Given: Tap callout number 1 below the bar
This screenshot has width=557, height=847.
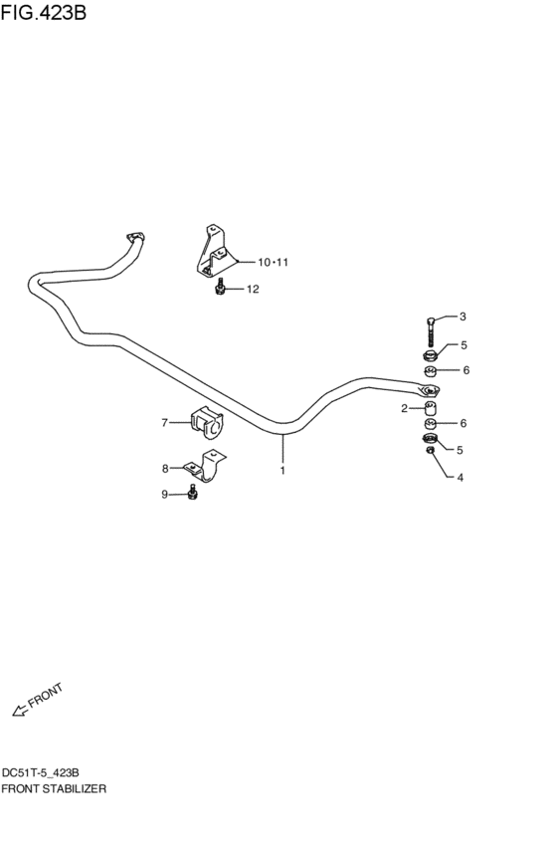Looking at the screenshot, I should point(282,470).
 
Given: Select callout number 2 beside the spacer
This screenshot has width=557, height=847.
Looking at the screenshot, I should point(405,408).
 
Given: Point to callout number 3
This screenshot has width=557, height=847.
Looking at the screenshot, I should point(463,318).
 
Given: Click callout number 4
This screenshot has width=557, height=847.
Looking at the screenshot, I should point(461,478).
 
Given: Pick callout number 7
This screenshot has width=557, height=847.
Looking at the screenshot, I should point(165,422).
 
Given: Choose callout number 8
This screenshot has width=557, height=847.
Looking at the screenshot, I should point(165,468).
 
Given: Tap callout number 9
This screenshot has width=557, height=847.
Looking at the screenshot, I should point(165,495).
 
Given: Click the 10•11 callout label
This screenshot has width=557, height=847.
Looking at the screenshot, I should point(272,263).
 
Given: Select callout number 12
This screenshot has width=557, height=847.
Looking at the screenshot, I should point(252,290).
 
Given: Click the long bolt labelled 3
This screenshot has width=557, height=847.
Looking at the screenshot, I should point(429,332).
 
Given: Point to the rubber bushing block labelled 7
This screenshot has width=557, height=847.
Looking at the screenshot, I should point(206,423).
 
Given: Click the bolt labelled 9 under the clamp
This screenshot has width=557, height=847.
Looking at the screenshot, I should point(193,494).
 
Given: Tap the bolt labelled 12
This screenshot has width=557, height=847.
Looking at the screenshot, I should point(221,288).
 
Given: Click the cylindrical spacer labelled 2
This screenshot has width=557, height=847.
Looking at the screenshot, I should point(430,410).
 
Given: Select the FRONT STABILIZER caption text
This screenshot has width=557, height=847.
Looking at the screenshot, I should point(54,787).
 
